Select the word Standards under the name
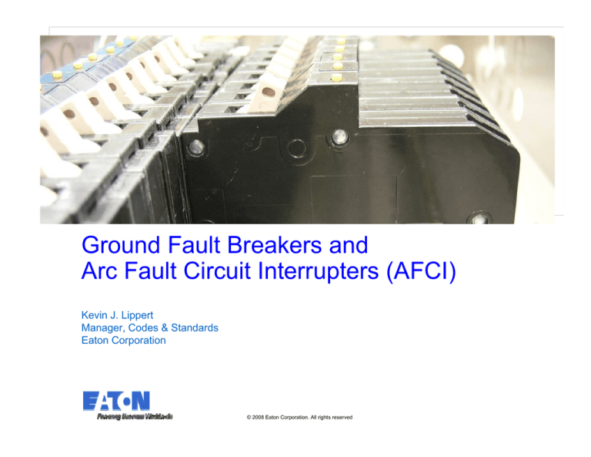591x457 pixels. (x=192, y=328)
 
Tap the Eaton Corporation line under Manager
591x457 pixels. (x=123, y=340)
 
